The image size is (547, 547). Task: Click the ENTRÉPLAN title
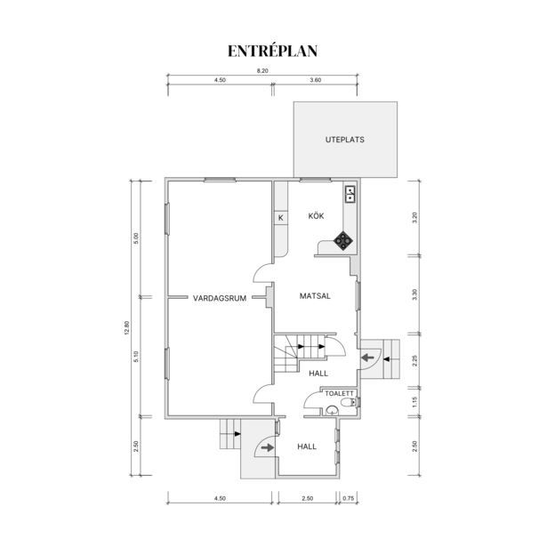click(272, 51)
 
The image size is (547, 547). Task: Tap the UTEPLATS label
click(345, 140)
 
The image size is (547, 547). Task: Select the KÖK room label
click(316, 216)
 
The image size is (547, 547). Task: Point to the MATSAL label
click(315, 296)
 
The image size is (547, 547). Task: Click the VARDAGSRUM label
click(220, 298)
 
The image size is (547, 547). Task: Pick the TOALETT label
click(339, 393)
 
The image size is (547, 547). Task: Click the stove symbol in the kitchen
click(343, 240)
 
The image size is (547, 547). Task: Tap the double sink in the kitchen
click(350, 194)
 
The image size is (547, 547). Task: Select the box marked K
click(281, 218)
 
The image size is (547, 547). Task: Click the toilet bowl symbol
click(348, 402)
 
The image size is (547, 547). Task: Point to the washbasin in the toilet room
click(332, 411)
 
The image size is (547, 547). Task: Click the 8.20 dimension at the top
click(262, 71)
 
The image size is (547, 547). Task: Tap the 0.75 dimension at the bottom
click(348, 498)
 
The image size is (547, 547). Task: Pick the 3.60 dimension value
click(316, 80)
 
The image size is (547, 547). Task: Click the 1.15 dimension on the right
click(414, 402)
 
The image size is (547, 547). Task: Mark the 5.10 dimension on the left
click(136, 356)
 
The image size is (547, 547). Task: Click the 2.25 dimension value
click(414, 360)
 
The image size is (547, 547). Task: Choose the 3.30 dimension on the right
click(414, 294)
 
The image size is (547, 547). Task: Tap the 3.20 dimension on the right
click(414, 218)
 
